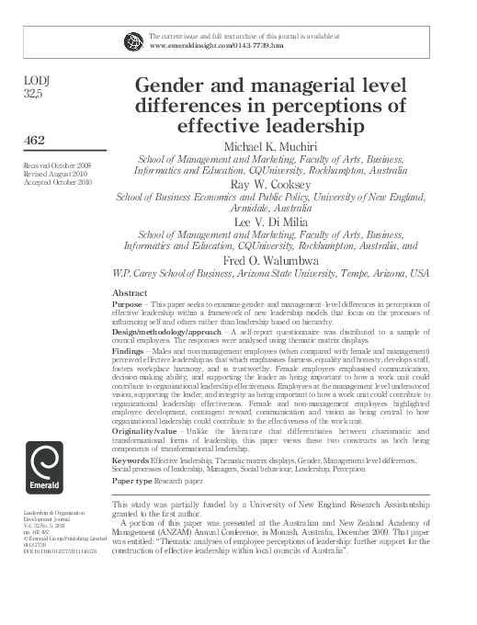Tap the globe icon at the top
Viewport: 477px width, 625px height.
(x=133, y=40)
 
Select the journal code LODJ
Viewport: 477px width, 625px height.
(x=35, y=80)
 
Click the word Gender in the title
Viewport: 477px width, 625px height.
(x=177, y=84)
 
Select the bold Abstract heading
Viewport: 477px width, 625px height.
(x=129, y=291)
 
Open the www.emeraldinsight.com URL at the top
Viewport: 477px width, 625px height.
(x=216, y=44)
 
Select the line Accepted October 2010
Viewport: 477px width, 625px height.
(x=52, y=183)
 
